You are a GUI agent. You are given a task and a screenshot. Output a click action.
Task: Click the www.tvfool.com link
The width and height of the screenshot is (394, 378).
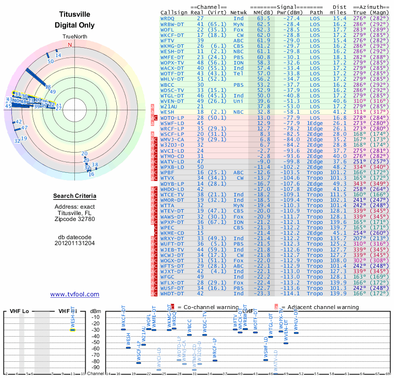(75, 294)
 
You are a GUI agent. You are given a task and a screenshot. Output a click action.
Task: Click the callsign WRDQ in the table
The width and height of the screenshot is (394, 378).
(168, 18)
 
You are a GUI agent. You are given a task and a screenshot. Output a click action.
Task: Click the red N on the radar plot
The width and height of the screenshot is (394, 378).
(69, 45)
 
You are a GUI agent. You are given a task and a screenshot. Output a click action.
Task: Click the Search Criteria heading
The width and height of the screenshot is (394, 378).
(75, 196)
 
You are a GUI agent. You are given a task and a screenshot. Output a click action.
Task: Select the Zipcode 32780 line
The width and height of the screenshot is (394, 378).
(75, 219)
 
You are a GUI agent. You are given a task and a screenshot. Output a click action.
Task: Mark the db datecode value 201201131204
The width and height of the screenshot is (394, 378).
(75, 243)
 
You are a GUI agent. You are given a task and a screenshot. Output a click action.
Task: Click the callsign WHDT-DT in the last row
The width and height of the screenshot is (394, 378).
(172, 293)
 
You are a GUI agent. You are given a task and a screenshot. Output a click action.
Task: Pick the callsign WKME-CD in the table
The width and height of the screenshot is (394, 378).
(172, 233)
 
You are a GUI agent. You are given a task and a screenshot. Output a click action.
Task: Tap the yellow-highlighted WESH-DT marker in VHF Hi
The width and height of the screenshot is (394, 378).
(72, 330)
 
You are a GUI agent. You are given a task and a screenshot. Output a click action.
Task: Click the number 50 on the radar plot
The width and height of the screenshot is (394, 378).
(51, 62)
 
